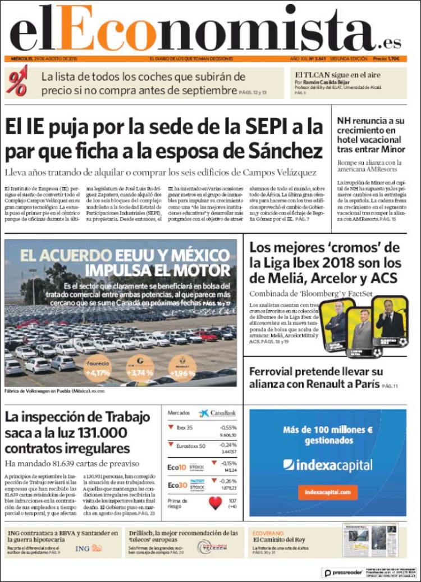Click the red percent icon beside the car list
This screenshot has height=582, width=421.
(x=17, y=79)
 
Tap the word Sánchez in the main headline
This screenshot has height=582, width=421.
(x=283, y=151)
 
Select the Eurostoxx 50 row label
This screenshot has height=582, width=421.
(x=191, y=446)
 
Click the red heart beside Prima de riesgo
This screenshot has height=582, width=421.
(x=216, y=502)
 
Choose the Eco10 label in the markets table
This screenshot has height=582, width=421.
(x=177, y=467)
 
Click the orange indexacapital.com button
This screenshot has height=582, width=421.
(x=328, y=492)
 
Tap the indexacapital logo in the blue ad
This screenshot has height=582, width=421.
(x=328, y=465)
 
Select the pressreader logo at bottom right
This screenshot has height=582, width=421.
(x=343, y=572)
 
